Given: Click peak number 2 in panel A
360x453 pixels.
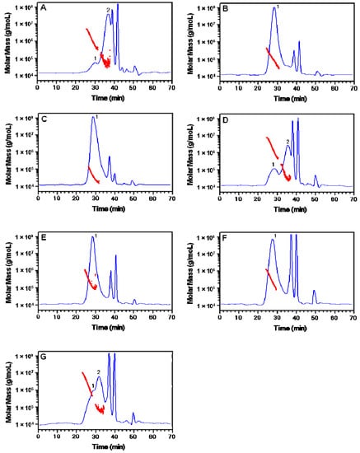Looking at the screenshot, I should click(x=108, y=9).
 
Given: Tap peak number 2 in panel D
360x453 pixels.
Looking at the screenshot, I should click(x=288, y=142).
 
